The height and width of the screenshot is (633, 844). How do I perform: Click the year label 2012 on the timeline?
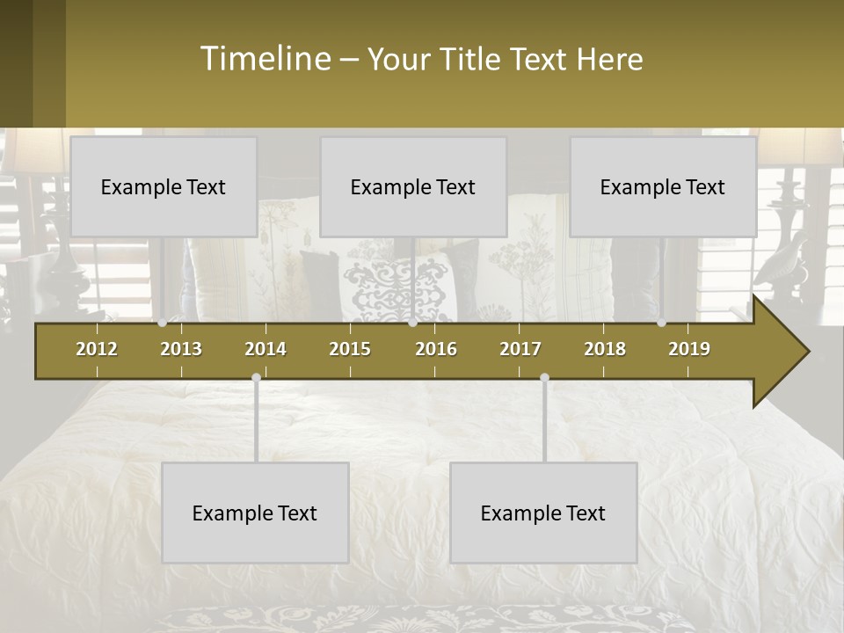97,349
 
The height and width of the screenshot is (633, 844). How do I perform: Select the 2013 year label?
181,349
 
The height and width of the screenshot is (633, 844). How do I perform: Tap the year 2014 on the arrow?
266,349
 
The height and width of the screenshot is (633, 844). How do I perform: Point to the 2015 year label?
350,349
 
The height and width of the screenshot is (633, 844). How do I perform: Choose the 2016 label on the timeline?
436,349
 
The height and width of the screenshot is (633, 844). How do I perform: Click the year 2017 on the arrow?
520,349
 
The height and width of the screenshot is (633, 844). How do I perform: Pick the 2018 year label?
605,349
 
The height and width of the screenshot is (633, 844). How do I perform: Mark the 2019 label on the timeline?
689,349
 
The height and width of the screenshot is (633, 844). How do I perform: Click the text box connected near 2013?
164,187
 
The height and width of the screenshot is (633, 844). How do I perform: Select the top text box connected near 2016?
413,187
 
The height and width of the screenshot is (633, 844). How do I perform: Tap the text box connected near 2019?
663,187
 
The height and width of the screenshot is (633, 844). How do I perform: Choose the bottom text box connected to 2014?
255,513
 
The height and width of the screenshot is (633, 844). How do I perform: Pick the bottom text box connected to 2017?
543,513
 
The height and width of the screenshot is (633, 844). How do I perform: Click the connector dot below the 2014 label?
256,378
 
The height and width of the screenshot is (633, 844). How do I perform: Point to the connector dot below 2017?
544,378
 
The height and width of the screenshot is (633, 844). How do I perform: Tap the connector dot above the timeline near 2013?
162,323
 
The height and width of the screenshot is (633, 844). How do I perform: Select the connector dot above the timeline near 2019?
661,323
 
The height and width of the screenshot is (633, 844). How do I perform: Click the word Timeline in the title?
265,59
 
